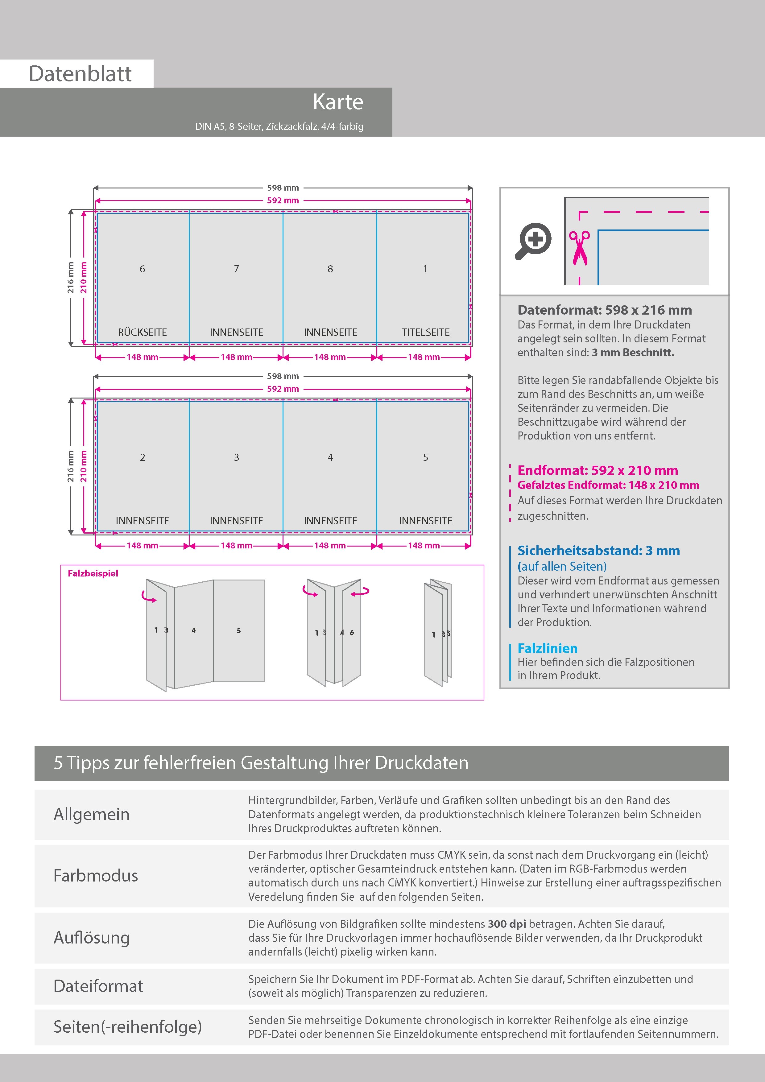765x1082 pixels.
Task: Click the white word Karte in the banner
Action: (x=338, y=102)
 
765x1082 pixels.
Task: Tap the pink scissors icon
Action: (x=579, y=247)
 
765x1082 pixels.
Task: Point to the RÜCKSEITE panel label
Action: (x=142, y=332)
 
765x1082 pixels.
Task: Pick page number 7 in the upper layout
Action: (x=236, y=269)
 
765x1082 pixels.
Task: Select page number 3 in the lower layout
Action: (x=236, y=457)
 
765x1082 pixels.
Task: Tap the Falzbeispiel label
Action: (x=93, y=573)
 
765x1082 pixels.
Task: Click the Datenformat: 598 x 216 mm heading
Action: (x=604, y=310)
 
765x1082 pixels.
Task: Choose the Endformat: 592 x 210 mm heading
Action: (x=597, y=470)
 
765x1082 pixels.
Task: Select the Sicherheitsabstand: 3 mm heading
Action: (x=598, y=551)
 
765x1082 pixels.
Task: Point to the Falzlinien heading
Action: (x=547, y=648)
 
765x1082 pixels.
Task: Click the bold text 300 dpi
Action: (x=507, y=924)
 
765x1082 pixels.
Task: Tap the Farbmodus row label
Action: (x=96, y=876)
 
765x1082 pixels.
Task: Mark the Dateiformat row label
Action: (x=98, y=986)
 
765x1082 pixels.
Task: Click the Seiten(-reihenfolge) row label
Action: (x=127, y=1026)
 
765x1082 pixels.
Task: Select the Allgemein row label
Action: (x=91, y=814)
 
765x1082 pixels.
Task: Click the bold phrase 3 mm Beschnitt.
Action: (x=633, y=353)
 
